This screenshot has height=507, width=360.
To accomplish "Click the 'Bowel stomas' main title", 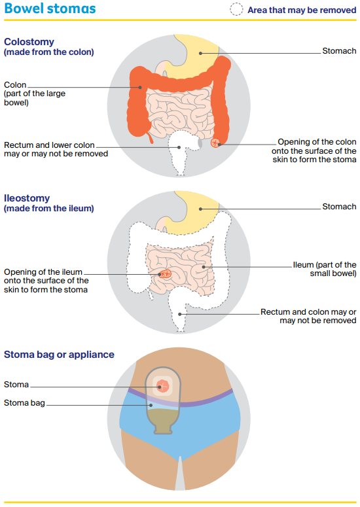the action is [x=50, y=9].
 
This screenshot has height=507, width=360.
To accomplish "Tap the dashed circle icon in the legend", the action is [x=236, y=9].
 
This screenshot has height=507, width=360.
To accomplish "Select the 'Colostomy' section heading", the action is [x=29, y=42].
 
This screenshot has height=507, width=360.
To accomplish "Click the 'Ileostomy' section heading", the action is [x=27, y=198].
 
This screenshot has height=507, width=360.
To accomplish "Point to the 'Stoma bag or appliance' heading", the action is [x=59, y=355].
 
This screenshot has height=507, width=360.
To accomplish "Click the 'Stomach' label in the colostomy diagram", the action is [x=339, y=51].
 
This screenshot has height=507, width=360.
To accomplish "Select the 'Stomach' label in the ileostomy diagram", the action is [x=339, y=206].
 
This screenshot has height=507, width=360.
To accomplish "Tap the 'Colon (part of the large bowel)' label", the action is [x=35, y=94].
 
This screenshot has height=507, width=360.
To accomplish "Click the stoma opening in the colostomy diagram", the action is [x=215, y=142].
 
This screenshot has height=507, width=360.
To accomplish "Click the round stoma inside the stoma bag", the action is [x=163, y=386].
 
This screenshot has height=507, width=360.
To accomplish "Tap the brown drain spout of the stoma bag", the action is [x=163, y=428].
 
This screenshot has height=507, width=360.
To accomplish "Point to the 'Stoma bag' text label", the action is [x=24, y=402].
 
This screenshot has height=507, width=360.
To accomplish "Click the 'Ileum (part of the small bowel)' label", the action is [x=325, y=269].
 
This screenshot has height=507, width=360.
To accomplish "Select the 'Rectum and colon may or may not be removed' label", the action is [x=308, y=316].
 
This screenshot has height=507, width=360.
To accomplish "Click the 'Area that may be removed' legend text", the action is [x=302, y=10].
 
